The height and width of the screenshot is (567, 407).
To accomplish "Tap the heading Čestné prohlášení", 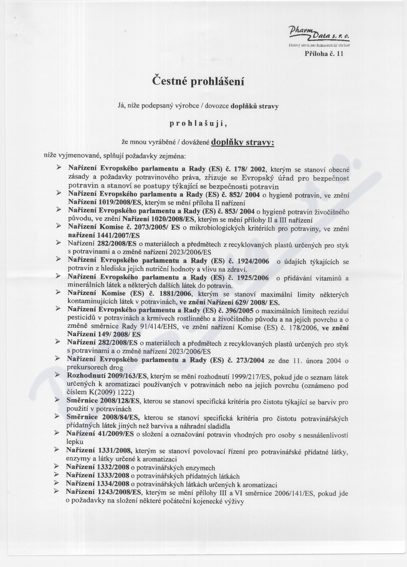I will tap(198, 81).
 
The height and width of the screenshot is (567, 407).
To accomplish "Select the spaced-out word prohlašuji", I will tap(198, 123).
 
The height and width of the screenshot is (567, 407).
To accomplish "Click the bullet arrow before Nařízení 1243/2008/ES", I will tap(58, 493).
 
